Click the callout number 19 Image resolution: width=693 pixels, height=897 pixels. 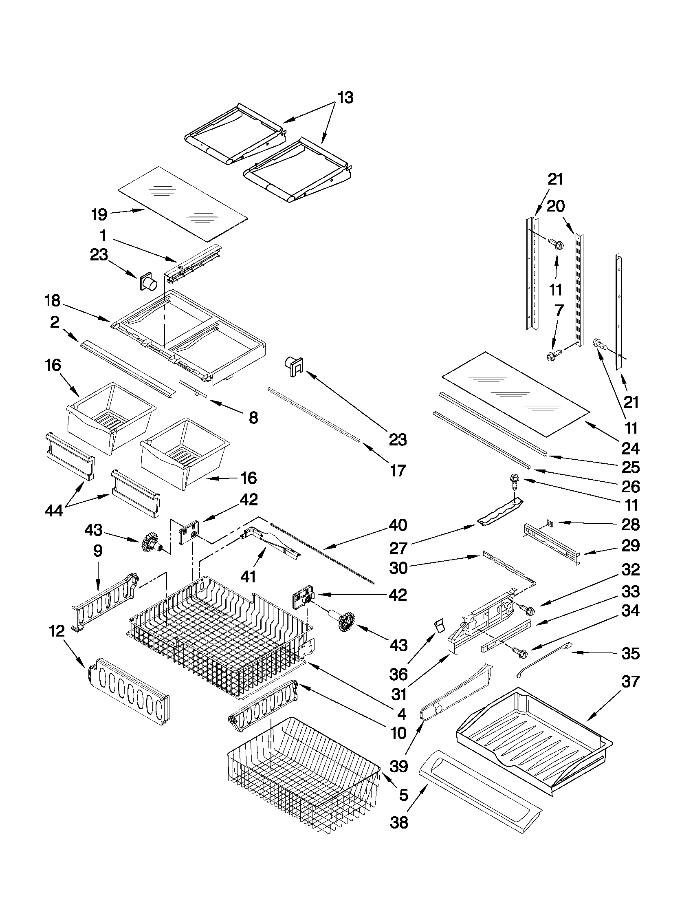99,214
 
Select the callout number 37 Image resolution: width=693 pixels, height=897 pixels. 630,681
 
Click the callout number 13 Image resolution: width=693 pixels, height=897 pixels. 345,98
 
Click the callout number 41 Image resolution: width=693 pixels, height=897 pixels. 248,577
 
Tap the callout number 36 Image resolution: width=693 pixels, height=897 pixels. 398,674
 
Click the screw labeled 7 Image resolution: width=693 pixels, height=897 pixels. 550,355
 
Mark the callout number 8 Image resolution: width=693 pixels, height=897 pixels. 253,418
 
